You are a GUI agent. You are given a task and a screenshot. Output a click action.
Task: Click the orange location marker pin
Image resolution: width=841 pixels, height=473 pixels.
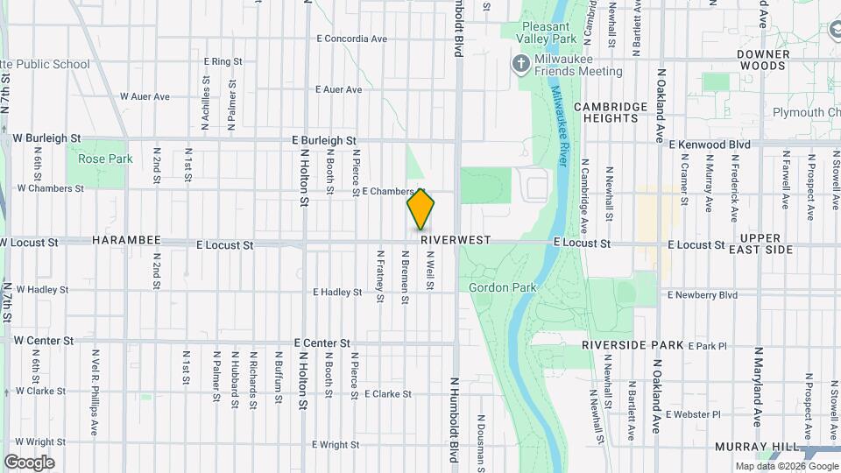[x=420, y=208]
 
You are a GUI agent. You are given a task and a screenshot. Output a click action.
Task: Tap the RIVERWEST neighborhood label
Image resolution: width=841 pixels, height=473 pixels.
[x=456, y=239]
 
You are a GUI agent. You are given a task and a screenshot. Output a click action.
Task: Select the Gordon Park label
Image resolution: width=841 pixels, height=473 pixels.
[x=501, y=287]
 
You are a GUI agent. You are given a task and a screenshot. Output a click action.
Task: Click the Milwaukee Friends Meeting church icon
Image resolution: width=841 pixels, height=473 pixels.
[x=519, y=63]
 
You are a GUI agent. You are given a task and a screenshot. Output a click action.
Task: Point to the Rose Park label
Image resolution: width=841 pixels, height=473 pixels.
[x=105, y=159]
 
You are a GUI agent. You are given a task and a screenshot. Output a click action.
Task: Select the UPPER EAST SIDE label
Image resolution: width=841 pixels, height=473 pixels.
[x=766, y=244]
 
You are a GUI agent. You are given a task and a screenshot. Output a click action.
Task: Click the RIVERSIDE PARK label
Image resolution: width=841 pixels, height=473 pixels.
[x=633, y=345]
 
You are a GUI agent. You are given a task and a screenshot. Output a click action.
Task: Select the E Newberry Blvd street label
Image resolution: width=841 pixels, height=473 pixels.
[x=703, y=295]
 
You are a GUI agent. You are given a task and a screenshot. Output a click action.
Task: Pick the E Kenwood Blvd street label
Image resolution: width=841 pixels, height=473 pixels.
[x=710, y=144]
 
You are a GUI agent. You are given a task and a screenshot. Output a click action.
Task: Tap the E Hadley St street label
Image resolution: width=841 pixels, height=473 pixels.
[x=337, y=292]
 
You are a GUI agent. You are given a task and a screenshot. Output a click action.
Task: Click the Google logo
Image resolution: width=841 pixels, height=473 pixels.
[x=29, y=462]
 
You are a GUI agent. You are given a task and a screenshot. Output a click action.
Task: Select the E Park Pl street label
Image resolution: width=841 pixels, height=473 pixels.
[x=708, y=346]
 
